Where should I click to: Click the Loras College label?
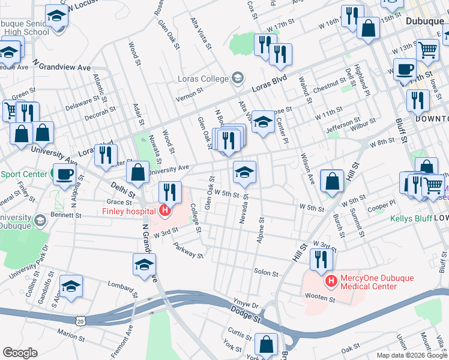(x=203, y=79)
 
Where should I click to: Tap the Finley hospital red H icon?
(x=163, y=211)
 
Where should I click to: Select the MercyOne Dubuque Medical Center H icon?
(x=330, y=280)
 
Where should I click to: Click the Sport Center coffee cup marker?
(x=64, y=175)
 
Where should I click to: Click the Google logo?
(x=20, y=353)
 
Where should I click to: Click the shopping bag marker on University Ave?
(x=137, y=172)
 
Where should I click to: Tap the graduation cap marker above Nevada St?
(x=244, y=172)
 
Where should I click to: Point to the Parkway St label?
(x=188, y=250)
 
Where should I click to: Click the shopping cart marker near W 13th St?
(x=427, y=50)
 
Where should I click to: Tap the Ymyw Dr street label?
(x=246, y=304)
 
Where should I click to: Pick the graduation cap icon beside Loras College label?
(x=238, y=78)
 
